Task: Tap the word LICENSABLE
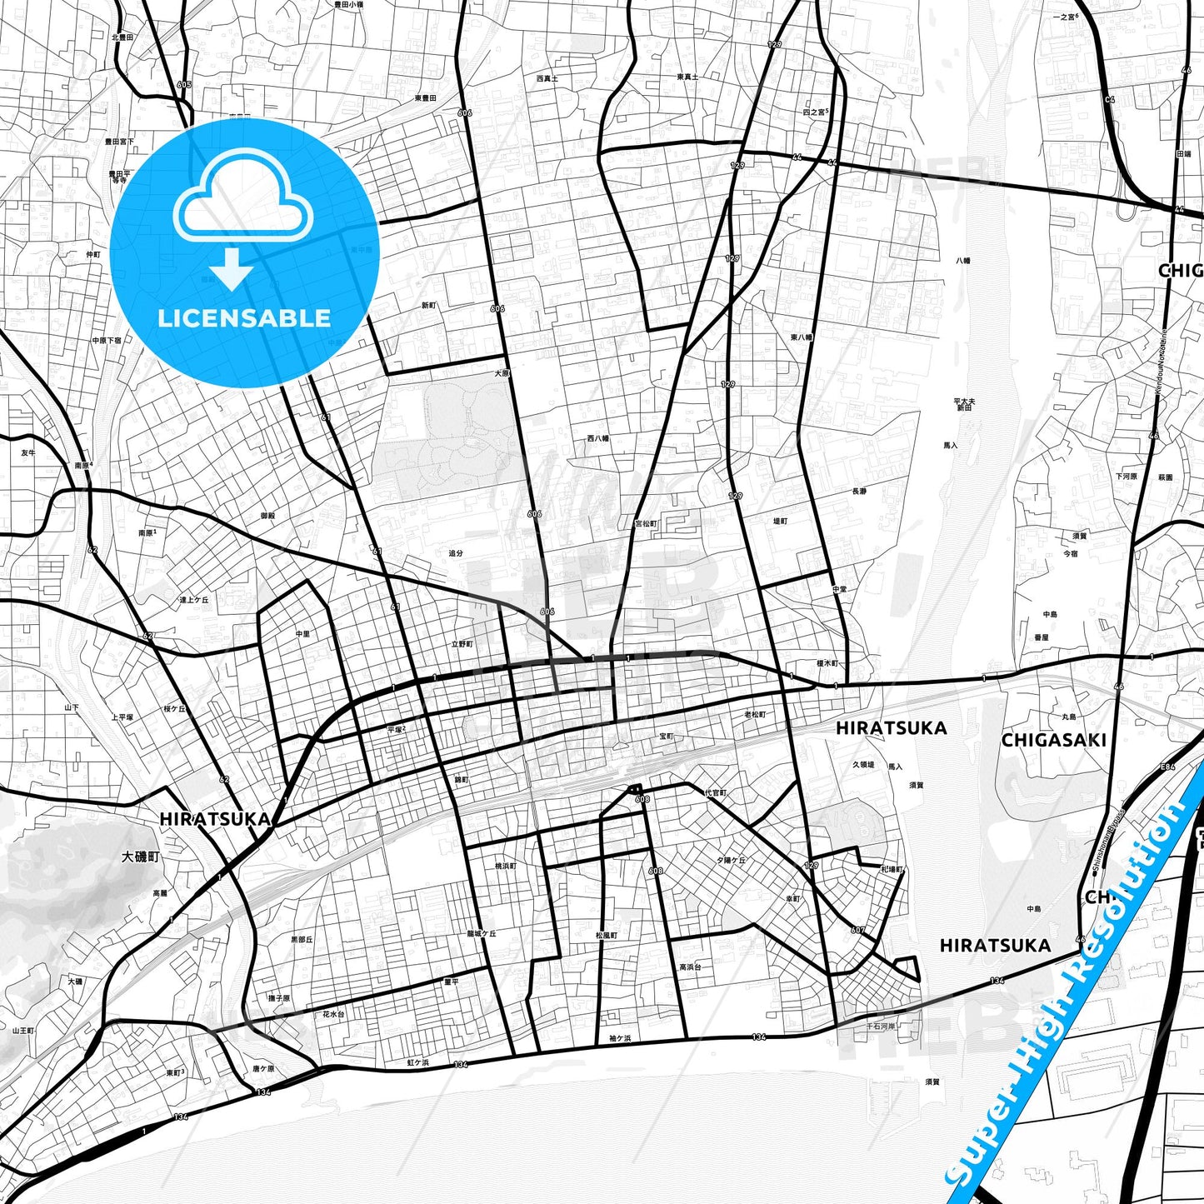click(244, 317)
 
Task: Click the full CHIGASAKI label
click(1053, 740)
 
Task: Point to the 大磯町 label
click(139, 857)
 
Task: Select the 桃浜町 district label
click(506, 866)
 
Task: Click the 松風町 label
click(607, 936)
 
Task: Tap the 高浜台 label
click(690, 967)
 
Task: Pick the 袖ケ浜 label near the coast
click(620, 1038)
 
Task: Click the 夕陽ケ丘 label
click(731, 860)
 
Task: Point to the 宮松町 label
click(647, 524)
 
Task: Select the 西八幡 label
click(597, 437)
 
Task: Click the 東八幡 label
click(801, 337)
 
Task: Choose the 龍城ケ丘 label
click(481, 934)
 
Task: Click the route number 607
click(858, 931)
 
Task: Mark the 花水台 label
click(332, 1014)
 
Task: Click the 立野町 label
click(462, 644)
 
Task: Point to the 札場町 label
click(892, 869)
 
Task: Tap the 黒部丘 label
click(302, 939)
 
